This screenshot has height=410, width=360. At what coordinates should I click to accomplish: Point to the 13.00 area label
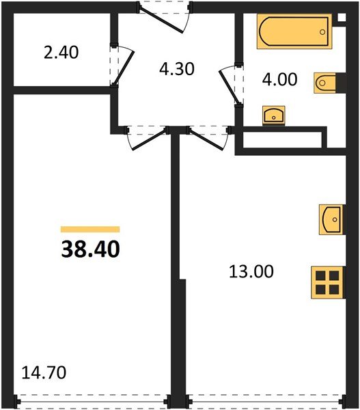(251, 272)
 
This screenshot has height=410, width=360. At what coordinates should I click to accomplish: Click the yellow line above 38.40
(90, 230)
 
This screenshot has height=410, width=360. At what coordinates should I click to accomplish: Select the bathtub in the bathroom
(294, 32)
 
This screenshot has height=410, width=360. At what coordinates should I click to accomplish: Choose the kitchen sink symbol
(330, 219)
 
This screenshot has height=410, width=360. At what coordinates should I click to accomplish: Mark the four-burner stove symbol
(326, 281)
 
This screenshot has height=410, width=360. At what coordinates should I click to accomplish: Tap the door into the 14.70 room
(144, 137)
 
